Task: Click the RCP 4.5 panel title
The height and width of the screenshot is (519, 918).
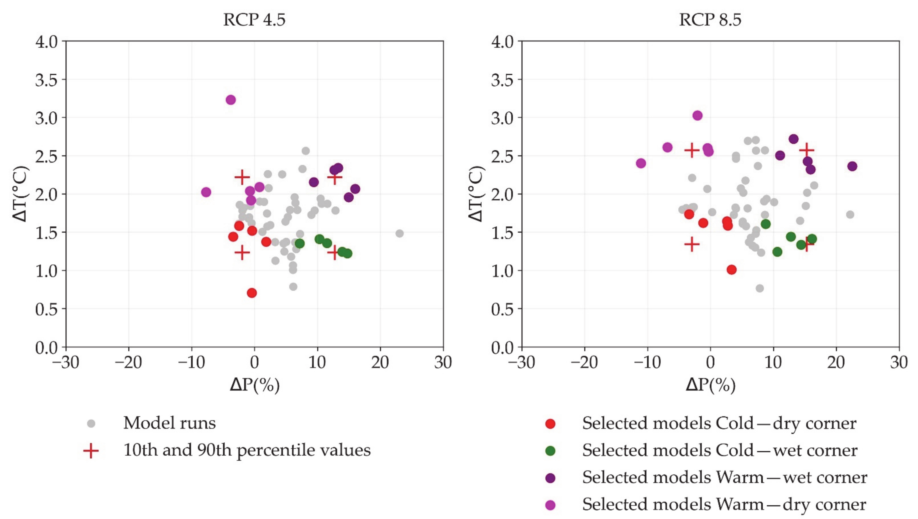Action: pos(254,20)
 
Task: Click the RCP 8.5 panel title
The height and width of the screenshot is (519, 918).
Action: pos(710,20)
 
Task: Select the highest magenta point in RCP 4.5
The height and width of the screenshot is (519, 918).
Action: pos(231,100)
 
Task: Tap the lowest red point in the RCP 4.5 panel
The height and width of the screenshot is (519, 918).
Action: pos(252,293)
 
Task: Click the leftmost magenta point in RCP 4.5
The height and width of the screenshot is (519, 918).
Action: pos(206,192)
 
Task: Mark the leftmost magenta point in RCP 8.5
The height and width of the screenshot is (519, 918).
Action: pos(641,163)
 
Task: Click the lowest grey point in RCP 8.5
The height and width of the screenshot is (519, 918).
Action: pos(760,288)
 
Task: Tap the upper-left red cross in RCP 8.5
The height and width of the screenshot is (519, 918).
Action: pos(692,151)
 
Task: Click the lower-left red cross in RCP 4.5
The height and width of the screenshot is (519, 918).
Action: pos(242,253)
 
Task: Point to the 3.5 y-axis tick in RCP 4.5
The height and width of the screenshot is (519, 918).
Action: pos(46,80)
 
